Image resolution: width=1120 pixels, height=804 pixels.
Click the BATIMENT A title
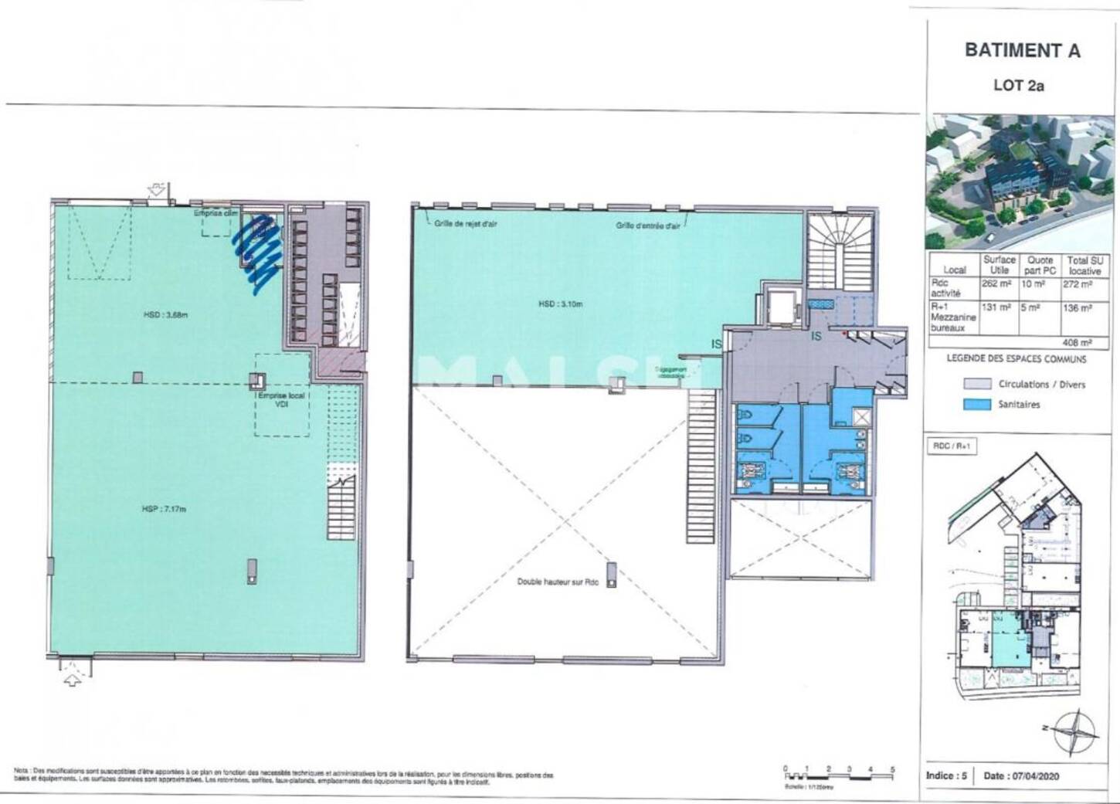tap(1022, 51)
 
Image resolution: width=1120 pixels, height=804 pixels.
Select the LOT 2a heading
tap(1018, 86)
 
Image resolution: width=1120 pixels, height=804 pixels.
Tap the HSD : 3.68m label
tap(166, 314)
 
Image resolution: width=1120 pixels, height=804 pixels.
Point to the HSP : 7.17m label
tap(165, 509)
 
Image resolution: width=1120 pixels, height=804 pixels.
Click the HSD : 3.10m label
tap(560, 304)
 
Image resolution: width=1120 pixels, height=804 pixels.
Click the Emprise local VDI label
tap(281, 399)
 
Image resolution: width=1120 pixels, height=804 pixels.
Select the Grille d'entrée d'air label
tap(647, 226)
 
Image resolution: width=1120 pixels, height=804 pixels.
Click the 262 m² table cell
tap(996, 283)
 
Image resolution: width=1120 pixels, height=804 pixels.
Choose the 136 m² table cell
tap(1083, 307)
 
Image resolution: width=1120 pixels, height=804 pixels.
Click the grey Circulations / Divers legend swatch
tap(976, 384)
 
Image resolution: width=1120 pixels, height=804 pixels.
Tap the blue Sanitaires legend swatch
tap(976, 404)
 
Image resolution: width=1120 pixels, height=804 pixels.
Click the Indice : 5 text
tap(946, 775)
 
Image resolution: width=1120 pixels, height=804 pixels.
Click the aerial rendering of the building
tap(1020, 181)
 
